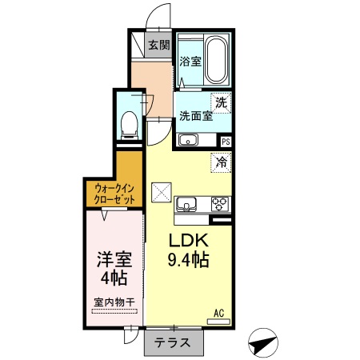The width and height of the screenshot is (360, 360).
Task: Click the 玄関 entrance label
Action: click(x=158, y=46)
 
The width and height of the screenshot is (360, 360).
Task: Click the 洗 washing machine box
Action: click(x=221, y=102)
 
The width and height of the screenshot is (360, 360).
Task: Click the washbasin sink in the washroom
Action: click(x=188, y=142)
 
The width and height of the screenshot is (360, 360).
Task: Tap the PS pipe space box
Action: click(x=226, y=142)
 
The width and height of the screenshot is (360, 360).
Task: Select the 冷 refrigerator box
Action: click(x=221, y=162)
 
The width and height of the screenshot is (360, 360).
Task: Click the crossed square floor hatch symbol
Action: click(x=161, y=192)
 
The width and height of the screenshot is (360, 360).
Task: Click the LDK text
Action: click(x=189, y=241)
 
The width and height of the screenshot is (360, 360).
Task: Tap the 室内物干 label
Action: click(x=114, y=302)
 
